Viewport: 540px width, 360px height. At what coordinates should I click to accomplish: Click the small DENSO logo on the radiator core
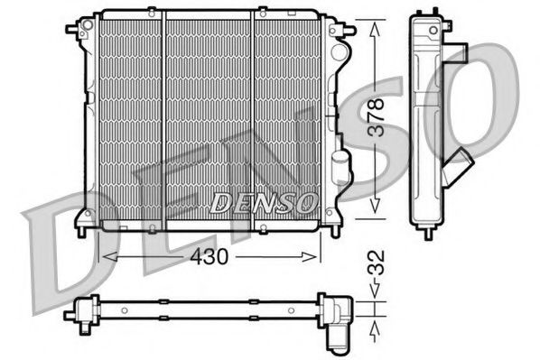point(263,202)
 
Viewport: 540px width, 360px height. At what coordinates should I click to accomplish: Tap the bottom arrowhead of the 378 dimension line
point(373,212)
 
